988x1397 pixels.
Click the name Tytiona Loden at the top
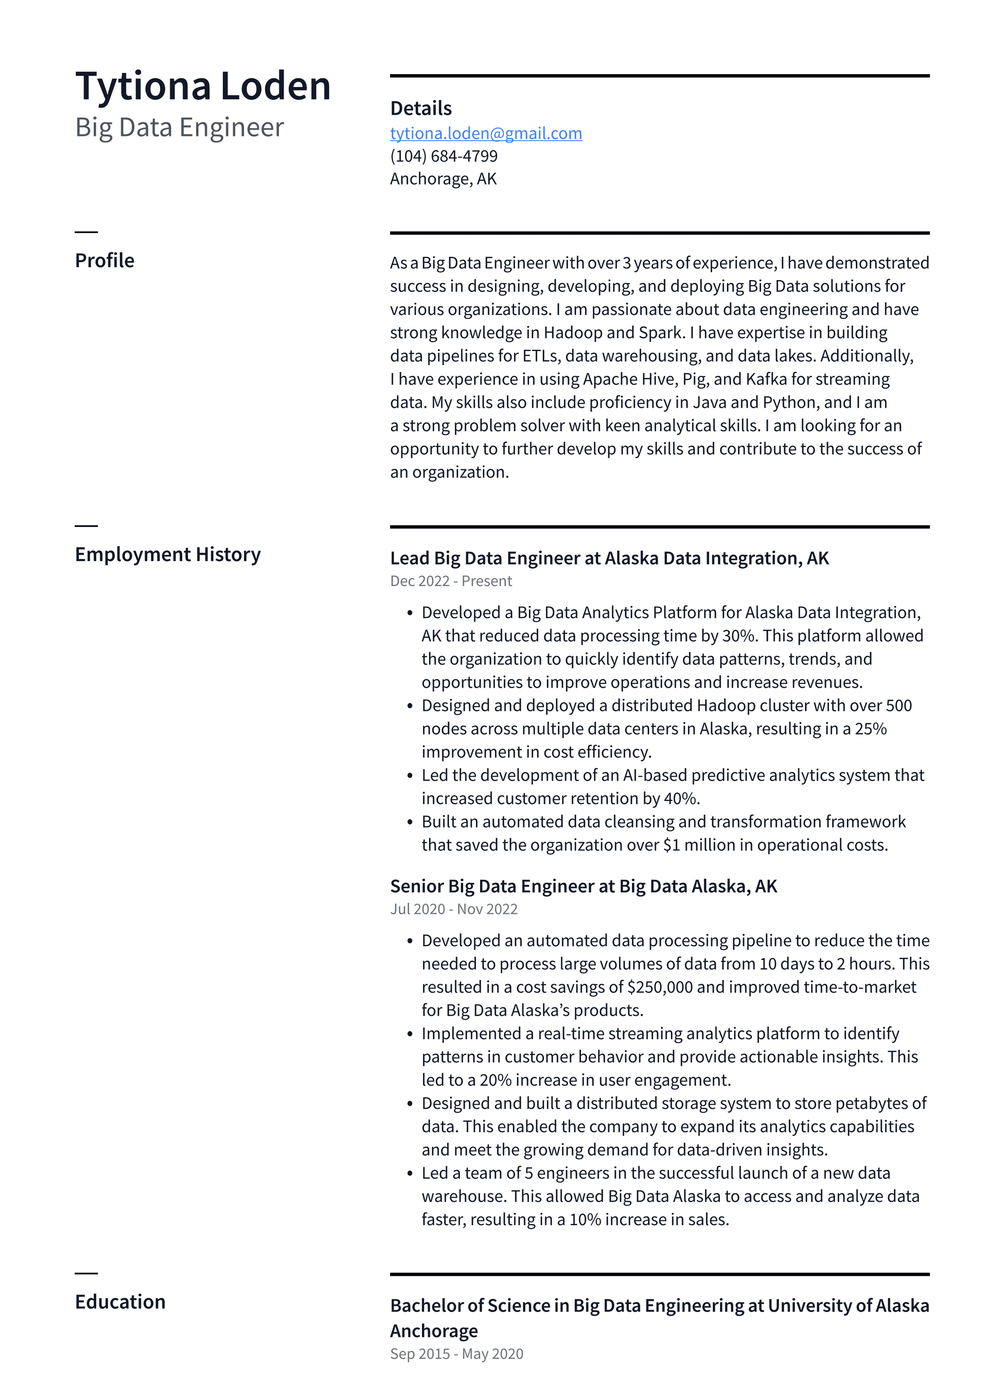tap(203, 86)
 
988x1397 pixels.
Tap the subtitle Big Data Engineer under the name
tap(180, 128)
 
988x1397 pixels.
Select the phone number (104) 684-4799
tap(444, 156)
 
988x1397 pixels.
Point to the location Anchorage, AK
tap(443, 179)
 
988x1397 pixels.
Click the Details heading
tap(420, 108)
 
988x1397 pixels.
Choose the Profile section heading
tap(104, 260)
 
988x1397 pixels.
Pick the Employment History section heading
tap(167, 554)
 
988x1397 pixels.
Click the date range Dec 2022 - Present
tap(451, 581)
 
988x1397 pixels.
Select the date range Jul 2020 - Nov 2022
tap(453, 909)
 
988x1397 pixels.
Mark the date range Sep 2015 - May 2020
tap(456, 1354)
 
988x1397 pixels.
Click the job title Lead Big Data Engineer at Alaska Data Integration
tap(609, 558)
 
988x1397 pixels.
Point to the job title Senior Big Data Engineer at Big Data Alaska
tap(584, 886)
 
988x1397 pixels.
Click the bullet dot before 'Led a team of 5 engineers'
tap(410, 1174)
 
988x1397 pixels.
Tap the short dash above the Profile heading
tap(86, 232)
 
